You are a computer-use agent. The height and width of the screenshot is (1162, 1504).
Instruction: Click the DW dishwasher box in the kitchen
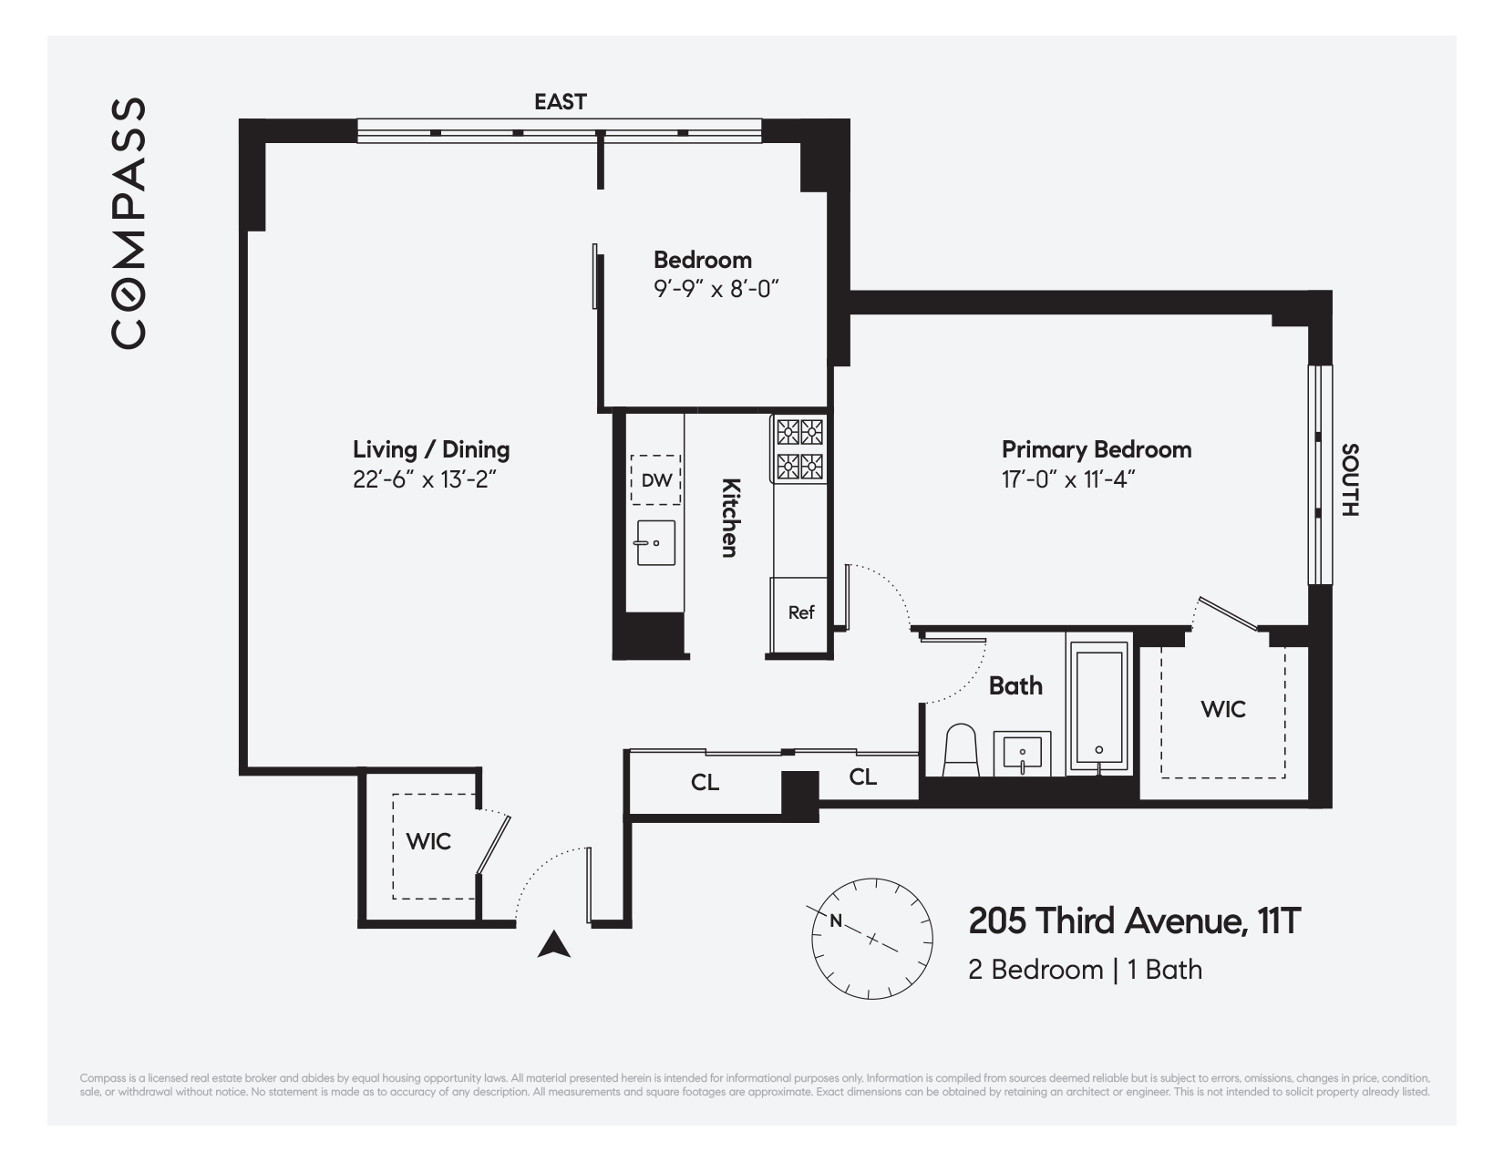(x=655, y=479)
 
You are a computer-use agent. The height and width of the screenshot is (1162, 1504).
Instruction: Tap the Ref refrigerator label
(x=800, y=612)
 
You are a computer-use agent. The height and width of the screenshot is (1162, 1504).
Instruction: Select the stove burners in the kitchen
(x=799, y=449)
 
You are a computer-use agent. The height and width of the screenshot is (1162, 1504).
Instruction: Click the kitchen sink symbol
(x=655, y=543)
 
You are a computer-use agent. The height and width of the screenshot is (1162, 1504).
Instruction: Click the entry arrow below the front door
(x=553, y=945)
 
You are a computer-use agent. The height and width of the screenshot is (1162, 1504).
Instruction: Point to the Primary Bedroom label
(x=1096, y=449)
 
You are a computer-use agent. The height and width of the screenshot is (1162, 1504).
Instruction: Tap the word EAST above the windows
(x=560, y=102)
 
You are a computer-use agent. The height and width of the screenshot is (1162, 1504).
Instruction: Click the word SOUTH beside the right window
(x=1350, y=480)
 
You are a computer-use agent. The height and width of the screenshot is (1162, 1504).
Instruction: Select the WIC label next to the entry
(x=428, y=841)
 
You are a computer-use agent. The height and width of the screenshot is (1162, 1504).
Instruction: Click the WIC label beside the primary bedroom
(x=1222, y=709)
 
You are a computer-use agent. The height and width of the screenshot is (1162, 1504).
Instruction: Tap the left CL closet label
(x=705, y=783)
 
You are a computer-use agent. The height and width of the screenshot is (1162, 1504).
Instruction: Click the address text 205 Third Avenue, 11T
(x=1134, y=921)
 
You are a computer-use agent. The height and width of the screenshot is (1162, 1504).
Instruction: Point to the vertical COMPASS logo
(x=129, y=223)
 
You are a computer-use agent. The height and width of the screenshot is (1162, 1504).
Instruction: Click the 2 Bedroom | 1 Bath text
(x=1085, y=970)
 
